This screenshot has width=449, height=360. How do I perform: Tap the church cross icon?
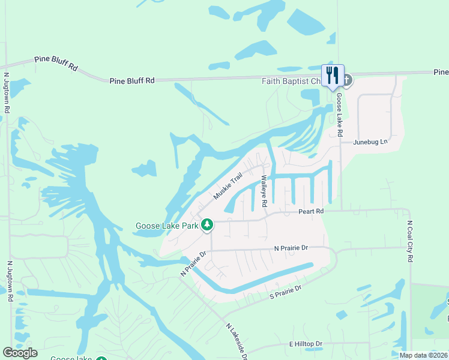pyautogui.click(x=347, y=80)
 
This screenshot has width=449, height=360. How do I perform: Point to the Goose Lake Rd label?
pyautogui.click(x=339, y=114)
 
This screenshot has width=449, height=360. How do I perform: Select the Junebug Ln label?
pyautogui.click(x=371, y=142)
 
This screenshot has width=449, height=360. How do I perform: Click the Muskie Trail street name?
pyautogui.click(x=228, y=187)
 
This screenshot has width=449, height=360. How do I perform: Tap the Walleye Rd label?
pyautogui.click(x=264, y=191)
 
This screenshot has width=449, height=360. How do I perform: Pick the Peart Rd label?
pyautogui.click(x=312, y=212)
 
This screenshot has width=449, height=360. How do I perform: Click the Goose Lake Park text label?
pyautogui.click(x=167, y=226)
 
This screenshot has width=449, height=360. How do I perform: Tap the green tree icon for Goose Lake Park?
pyautogui.click(x=207, y=225)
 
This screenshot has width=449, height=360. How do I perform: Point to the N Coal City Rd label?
pyautogui.click(x=410, y=240)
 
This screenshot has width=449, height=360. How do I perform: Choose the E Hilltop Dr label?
pyautogui.click(x=306, y=344)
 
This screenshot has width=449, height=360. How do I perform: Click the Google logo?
pyautogui.click(x=20, y=353)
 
